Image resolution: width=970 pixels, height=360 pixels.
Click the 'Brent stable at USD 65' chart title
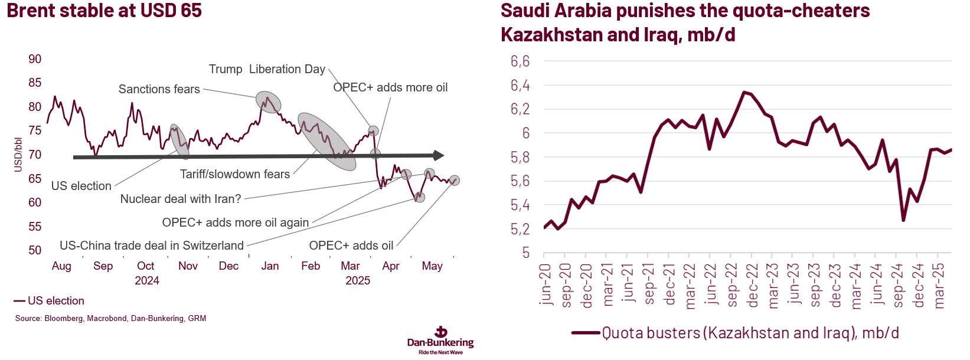click(x=104, y=11)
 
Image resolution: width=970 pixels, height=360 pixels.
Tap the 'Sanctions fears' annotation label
click(x=159, y=89)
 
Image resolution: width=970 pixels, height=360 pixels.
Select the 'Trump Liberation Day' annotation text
click(x=267, y=69)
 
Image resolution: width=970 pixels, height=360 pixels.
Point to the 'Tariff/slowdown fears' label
click(x=235, y=174)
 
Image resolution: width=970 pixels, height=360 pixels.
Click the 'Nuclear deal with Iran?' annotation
click(x=181, y=199)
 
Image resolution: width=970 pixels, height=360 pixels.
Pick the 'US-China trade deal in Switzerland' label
click(x=152, y=246)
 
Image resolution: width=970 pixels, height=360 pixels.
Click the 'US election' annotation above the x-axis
click(x=81, y=186)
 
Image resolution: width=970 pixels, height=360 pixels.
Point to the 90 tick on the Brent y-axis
click(x=35, y=59)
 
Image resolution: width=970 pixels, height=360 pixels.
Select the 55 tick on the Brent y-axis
click(x=35, y=227)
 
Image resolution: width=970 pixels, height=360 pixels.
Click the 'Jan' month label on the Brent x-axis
click(x=270, y=266)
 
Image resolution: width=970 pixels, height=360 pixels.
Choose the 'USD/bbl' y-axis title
click(x=18, y=155)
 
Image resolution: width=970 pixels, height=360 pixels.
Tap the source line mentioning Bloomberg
click(x=110, y=319)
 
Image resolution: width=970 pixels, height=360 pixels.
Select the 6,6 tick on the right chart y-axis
click(x=520, y=61)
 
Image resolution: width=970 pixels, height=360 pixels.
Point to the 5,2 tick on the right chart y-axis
click(x=520, y=230)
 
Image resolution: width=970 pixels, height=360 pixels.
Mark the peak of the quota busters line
click(x=744, y=92)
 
